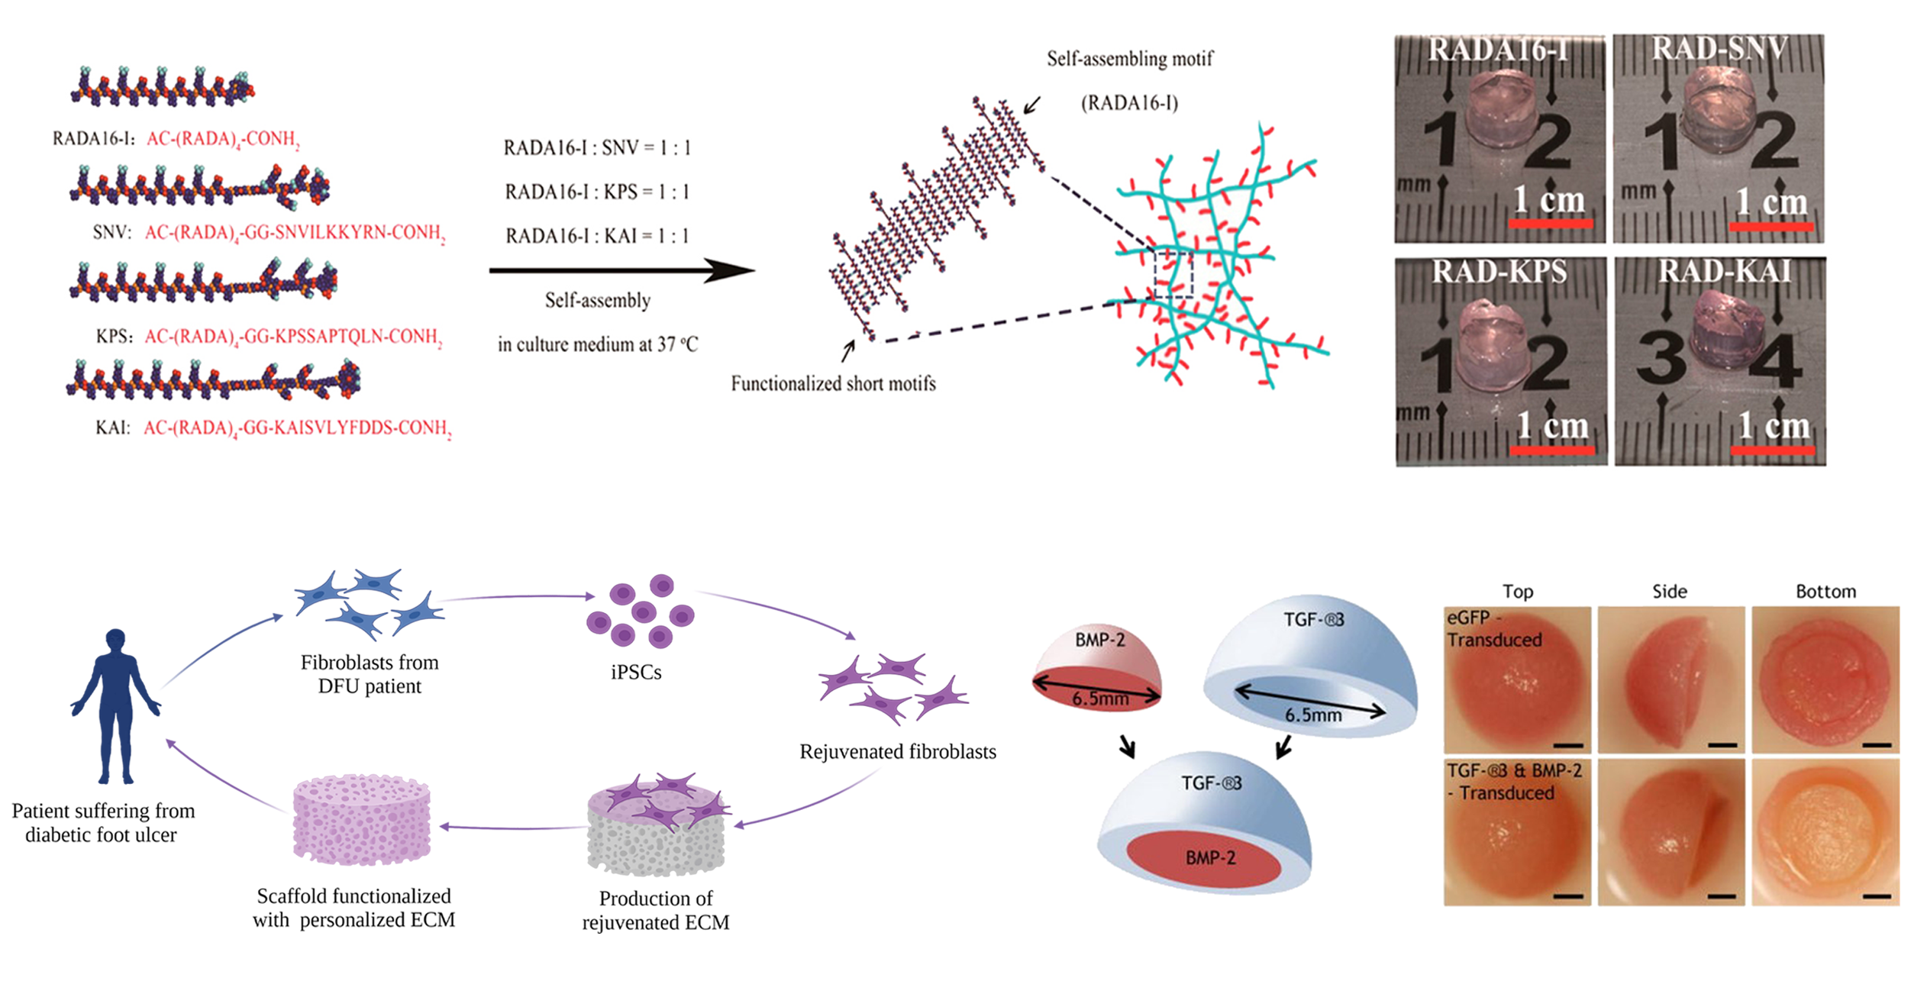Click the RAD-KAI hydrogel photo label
pos(1725,272)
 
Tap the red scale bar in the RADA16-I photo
pos(1550,224)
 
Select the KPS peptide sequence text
pos(293,337)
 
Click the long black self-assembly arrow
pos(621,269)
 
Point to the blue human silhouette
pos(115,705)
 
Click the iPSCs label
pos(636,673)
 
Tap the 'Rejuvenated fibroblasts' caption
pos(898,752)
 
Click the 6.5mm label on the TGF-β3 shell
pos(1312,715)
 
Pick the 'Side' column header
pos(1670,592)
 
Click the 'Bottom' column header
pos(1825,592)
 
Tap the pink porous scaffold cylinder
pos(362,819)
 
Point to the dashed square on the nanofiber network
pos(1173,274)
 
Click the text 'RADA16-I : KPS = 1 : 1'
pos(597,192)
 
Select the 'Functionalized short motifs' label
pos(833,383)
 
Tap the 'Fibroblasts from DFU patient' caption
pos(370,674)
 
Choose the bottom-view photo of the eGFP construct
pos(1825,679)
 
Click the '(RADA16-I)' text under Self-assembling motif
pos(1129,103)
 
